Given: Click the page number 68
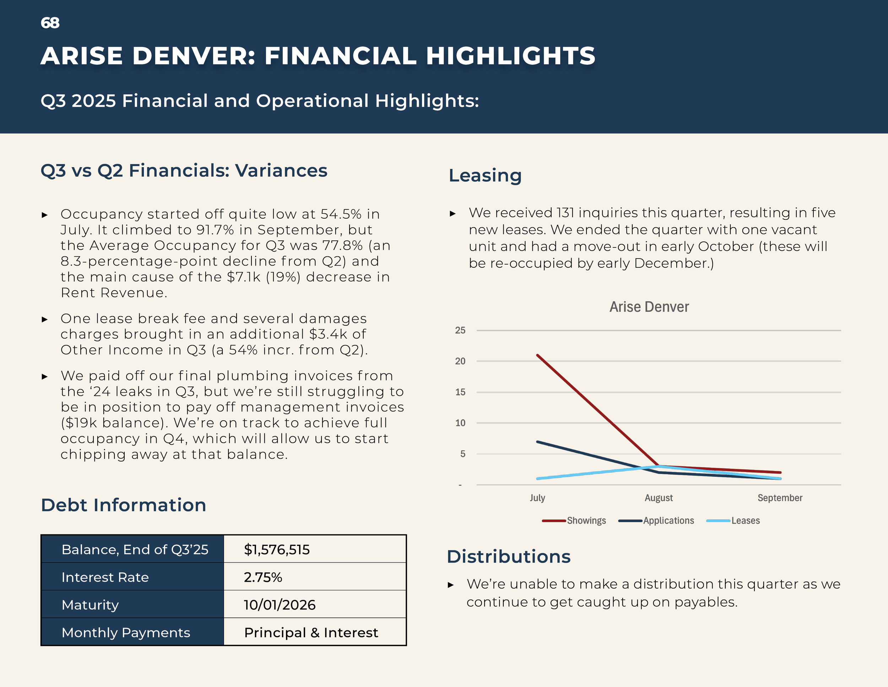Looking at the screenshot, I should (x=50, y=23).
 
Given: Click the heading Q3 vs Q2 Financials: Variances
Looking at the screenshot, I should (x=184, y=171).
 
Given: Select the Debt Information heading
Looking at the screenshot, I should (x=124, y=505).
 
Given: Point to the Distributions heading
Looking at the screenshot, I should (x=508, y=556).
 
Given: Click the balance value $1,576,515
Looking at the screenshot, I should (x=276, y=550).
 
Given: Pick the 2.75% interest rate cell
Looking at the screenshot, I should (x=262, y=577).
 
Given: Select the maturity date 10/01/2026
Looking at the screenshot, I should (x=279, y=605).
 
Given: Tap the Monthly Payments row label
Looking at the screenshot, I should (x=126, y=633).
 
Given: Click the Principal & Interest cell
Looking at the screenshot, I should (x=311, y=633).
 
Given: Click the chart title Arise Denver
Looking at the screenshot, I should (x=649, y=307).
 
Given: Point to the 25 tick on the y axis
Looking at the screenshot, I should (x=460, y=330).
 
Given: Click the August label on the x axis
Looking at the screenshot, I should (x=658, y=498).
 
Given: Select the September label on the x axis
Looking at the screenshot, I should (x=779, y=498).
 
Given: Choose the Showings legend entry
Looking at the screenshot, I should (x=586, y=521).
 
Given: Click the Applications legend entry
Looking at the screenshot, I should (x=668, y=521).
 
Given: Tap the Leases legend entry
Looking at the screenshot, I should (x=745, y=521).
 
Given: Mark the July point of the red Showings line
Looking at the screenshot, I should (x=537, y=355).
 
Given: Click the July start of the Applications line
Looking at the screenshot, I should (x=537, y=442).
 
